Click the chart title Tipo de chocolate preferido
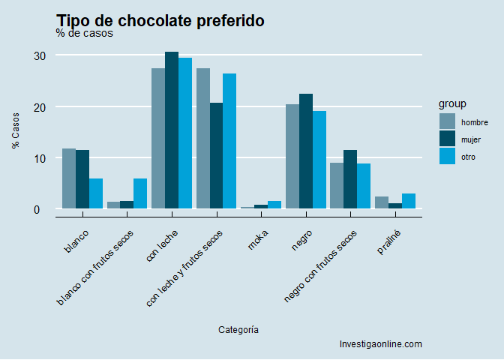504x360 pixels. coord(160,21)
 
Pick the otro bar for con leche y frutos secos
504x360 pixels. coord(229,141)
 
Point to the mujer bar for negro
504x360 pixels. coord(306,151)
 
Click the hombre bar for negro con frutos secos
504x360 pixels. coord(337,186)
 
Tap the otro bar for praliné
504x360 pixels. coord(409,201)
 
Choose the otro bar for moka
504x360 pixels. coord(274,205)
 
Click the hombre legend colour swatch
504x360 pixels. coord(447,121)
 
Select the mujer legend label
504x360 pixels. coord(471,139)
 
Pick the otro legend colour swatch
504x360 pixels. coord(447,157)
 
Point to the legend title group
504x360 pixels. coord(453,103)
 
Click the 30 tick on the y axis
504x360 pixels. coord(40,55)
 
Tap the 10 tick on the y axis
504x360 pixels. coord(40,158)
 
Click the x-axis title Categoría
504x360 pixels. coord(239,329)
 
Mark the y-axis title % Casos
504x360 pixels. coord(16,131)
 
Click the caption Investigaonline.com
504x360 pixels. coord(381,344)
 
